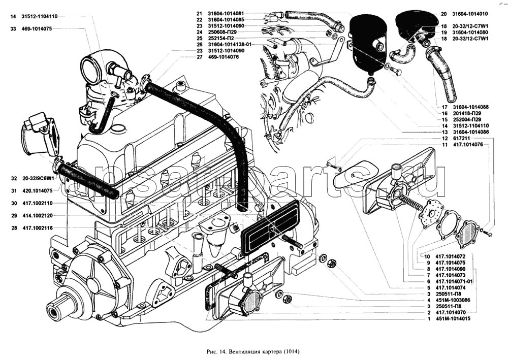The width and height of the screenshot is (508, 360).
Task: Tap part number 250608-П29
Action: (x=223, y=32)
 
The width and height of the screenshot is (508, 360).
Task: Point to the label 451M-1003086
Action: (x=451, y=300)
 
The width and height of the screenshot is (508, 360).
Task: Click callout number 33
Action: (x=13, y=29)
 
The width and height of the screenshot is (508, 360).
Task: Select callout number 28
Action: (x=13, y=228)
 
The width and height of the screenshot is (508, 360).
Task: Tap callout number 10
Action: (x=428, y=256)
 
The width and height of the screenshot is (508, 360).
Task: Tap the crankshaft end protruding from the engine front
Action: (x=53, y=308)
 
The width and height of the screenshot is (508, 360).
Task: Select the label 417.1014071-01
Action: (x=455, y=281)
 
